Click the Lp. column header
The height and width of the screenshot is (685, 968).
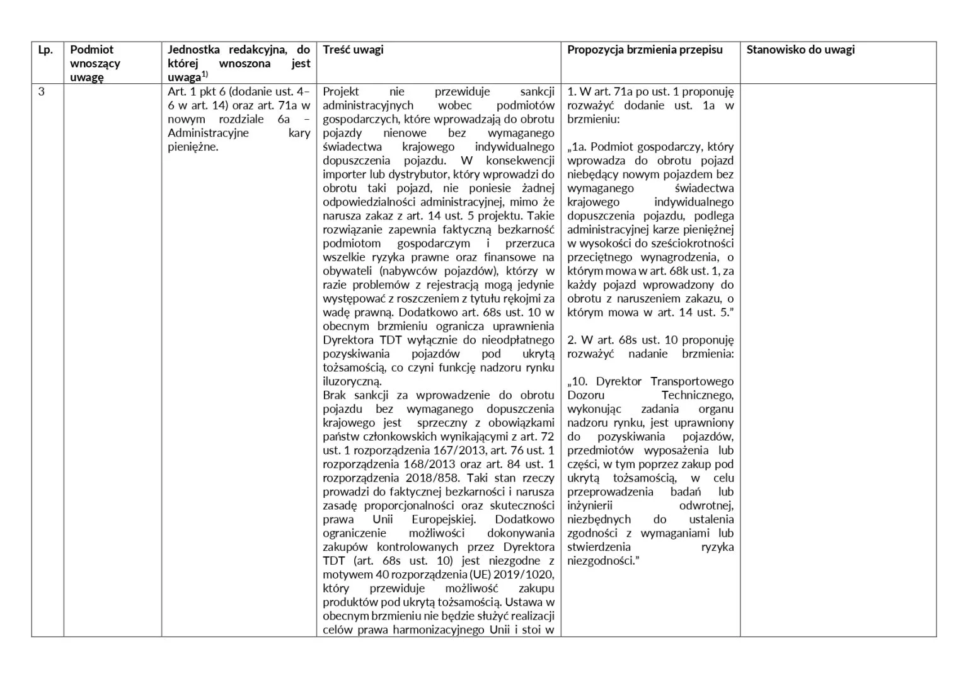[x=45, y=50]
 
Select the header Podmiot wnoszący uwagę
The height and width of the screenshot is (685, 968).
[x=95, y=63]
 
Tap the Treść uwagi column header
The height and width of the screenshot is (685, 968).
[x=353, y=50]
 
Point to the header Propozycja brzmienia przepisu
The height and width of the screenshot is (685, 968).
[x=645, y=50]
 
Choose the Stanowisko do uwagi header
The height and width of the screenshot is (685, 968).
[x=800, y=50]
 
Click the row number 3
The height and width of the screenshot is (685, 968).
[x=42, y=92]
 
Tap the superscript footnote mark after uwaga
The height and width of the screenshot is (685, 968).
[x=204, y=74]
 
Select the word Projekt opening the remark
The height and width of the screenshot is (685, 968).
[x=341, y=92]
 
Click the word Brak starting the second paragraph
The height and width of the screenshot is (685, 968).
[x=335, y=395]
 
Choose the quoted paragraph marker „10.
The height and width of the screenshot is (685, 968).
[x=579, y=381]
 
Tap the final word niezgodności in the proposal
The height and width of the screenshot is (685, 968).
[x=602, y=561]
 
